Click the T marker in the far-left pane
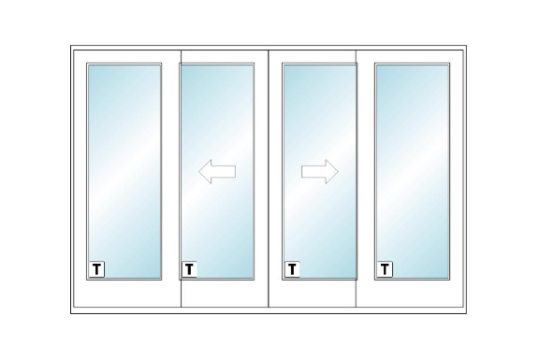(x=96, y=269)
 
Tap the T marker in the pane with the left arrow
(x=189, y=269)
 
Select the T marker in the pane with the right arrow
(x=292, y=269)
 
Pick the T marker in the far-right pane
(x=385, y=269)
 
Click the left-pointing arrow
(x=217, y=171)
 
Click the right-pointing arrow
(x=319, y=171)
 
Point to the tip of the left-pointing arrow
(x=199, y=171)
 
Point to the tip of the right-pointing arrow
(x=338, y=171)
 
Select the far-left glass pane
(x=124, y=171)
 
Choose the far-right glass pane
(x=412, y=171)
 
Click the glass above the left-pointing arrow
(x=217, y=110)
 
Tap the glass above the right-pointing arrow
(x=319, y=110)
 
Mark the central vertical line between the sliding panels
(x=269, y=179)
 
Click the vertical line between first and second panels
(x=181, y=179)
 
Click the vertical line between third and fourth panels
(x=356, y=179)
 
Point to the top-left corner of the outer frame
(x=71, y=46)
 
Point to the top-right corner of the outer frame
(x=467, y=46)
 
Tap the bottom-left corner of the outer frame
(x=71, y=313)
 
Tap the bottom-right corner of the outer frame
(x=467, y=313)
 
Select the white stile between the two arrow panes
(x=269, y=171)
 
